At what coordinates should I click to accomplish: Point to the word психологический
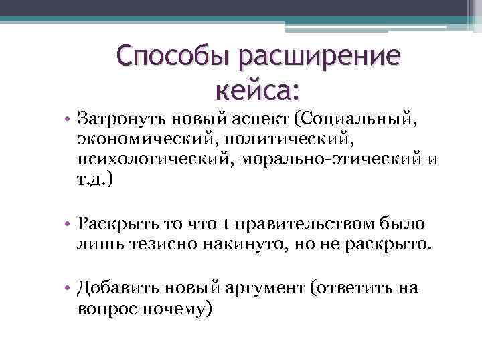148,161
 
